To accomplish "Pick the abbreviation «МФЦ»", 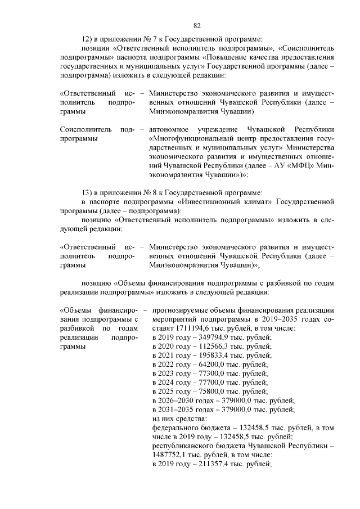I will tap(298, 166).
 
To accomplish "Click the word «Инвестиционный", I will tap(214, 201).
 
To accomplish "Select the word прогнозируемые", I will tap(181, 309).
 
